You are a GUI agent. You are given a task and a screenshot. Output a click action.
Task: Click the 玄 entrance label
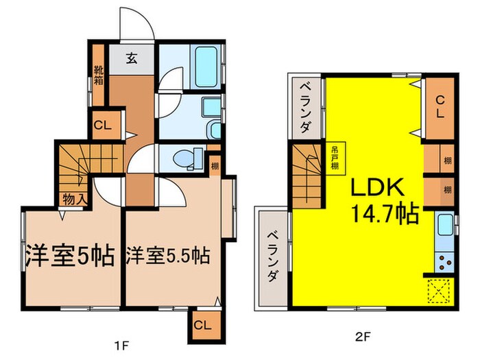click(132, 58)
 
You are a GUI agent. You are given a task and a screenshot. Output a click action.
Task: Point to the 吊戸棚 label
click(335, 160)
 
